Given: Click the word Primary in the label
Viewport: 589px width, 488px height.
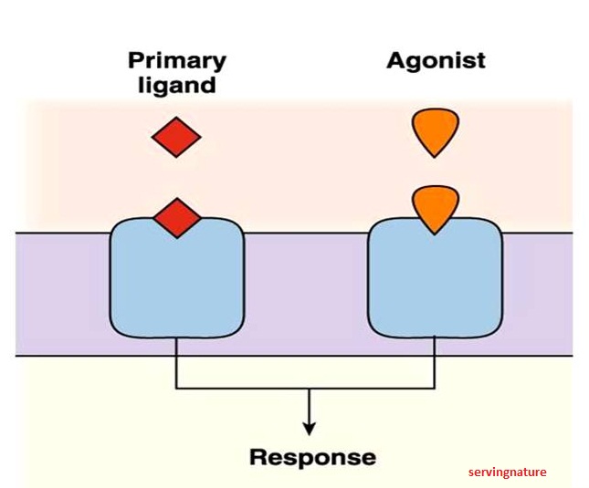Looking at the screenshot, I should pos(177,61).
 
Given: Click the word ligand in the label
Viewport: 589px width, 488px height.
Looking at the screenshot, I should pos(177,86).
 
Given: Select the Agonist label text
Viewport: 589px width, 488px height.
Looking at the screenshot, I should pos(436,61).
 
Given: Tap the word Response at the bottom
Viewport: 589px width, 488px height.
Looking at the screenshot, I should pos(312,456).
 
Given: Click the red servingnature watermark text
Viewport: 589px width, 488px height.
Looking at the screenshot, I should pos(507,472).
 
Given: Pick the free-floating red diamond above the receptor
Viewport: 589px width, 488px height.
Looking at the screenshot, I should pos(176,138).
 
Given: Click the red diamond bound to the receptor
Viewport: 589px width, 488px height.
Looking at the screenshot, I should pos(176,217).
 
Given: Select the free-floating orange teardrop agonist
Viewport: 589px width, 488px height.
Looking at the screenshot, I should pos(435,132).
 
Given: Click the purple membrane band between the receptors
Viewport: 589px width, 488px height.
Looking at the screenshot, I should pos(305,292).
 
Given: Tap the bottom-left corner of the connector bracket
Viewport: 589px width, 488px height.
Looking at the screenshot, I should pos(176,389).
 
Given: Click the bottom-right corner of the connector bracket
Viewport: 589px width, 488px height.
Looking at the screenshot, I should pos(435,389).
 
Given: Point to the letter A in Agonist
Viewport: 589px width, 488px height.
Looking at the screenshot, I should pos(397,61).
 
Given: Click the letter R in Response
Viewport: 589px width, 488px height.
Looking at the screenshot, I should pos(259,456).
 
